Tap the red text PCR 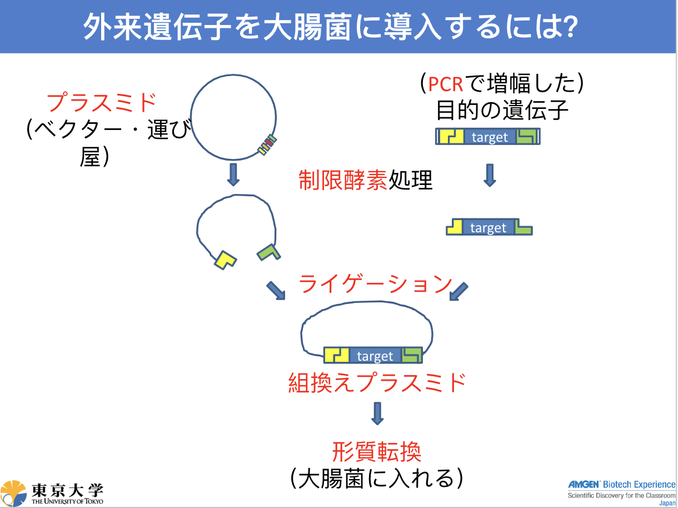pyautogui.click(x=445, y=84)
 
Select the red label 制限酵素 pyautogui.click(x=343, y=180)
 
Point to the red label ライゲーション pyautogui.click(x=375, y=283)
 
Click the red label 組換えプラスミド pyautogui.click(x=377, y=382)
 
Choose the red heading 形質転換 pyautogui.click(x=377, y=451)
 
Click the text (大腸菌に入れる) pyautogui.click(x=377, y=479)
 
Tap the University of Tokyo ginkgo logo pyautogui.click(x=13, y=493)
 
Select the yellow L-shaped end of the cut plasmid pyautogui.click(x=225, y=260)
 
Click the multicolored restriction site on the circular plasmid pyautogui.click(x=267, y=145)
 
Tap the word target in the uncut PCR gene pyautogui.click(x=490, y=137)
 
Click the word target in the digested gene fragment pyautogui.click(x=488, y=228)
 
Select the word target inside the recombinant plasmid pyautogui.click(x=375, y=356)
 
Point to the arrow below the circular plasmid pyautogui.click(x=233, y=175)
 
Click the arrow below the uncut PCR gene pyautogui.click(x=490, y=176)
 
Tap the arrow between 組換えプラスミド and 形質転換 pyautogui.click(x=377, y=414)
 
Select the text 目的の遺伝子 pyautogui.click(x=502, y=110)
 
